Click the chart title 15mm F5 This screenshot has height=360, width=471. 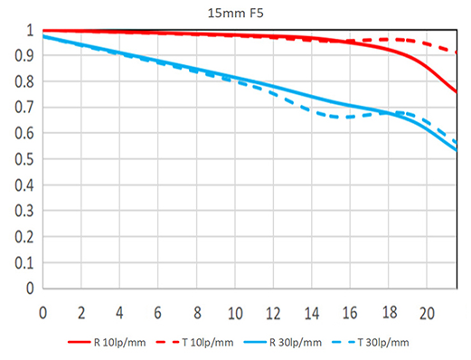click(236, 14)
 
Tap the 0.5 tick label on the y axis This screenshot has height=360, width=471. click(24, 159)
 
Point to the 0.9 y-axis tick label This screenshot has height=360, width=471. click(24, 56)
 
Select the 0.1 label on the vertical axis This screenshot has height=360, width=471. click(24, 263)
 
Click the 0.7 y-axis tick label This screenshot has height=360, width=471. click(24, 108)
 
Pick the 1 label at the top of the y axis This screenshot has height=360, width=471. click(30, 30)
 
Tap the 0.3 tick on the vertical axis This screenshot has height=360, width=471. click(24, 211)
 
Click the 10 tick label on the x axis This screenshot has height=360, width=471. click(235, 313)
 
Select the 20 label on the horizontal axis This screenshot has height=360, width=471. click(427, 313)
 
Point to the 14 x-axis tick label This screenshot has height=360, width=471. click(312, 313)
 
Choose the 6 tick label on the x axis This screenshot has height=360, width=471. click(157, 313)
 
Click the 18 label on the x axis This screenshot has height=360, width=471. click(390, 312)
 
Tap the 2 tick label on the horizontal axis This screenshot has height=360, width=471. click(81, 313)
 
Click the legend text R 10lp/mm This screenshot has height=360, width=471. click(119, 343)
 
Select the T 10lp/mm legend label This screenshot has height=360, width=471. click(208, 343)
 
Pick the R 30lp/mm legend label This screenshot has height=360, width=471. click(296, 343)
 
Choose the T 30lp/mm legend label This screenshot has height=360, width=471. click(383, 343)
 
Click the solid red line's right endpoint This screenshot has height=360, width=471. click(457, 92)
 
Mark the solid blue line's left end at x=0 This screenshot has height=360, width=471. click(43, 36)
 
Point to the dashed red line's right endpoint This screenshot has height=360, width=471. click(457, 52)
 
